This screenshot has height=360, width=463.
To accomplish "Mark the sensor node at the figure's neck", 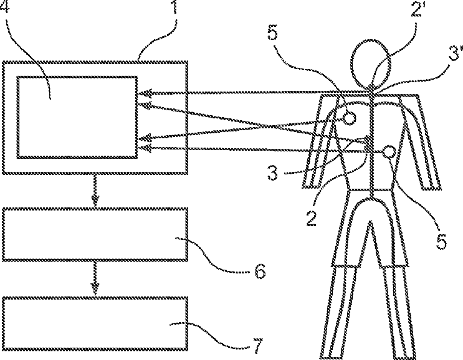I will (371, 91).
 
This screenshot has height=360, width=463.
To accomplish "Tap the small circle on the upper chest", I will (349, 117).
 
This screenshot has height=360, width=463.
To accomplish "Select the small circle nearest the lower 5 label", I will (389, 151).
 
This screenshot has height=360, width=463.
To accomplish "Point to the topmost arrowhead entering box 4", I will (144, 93).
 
